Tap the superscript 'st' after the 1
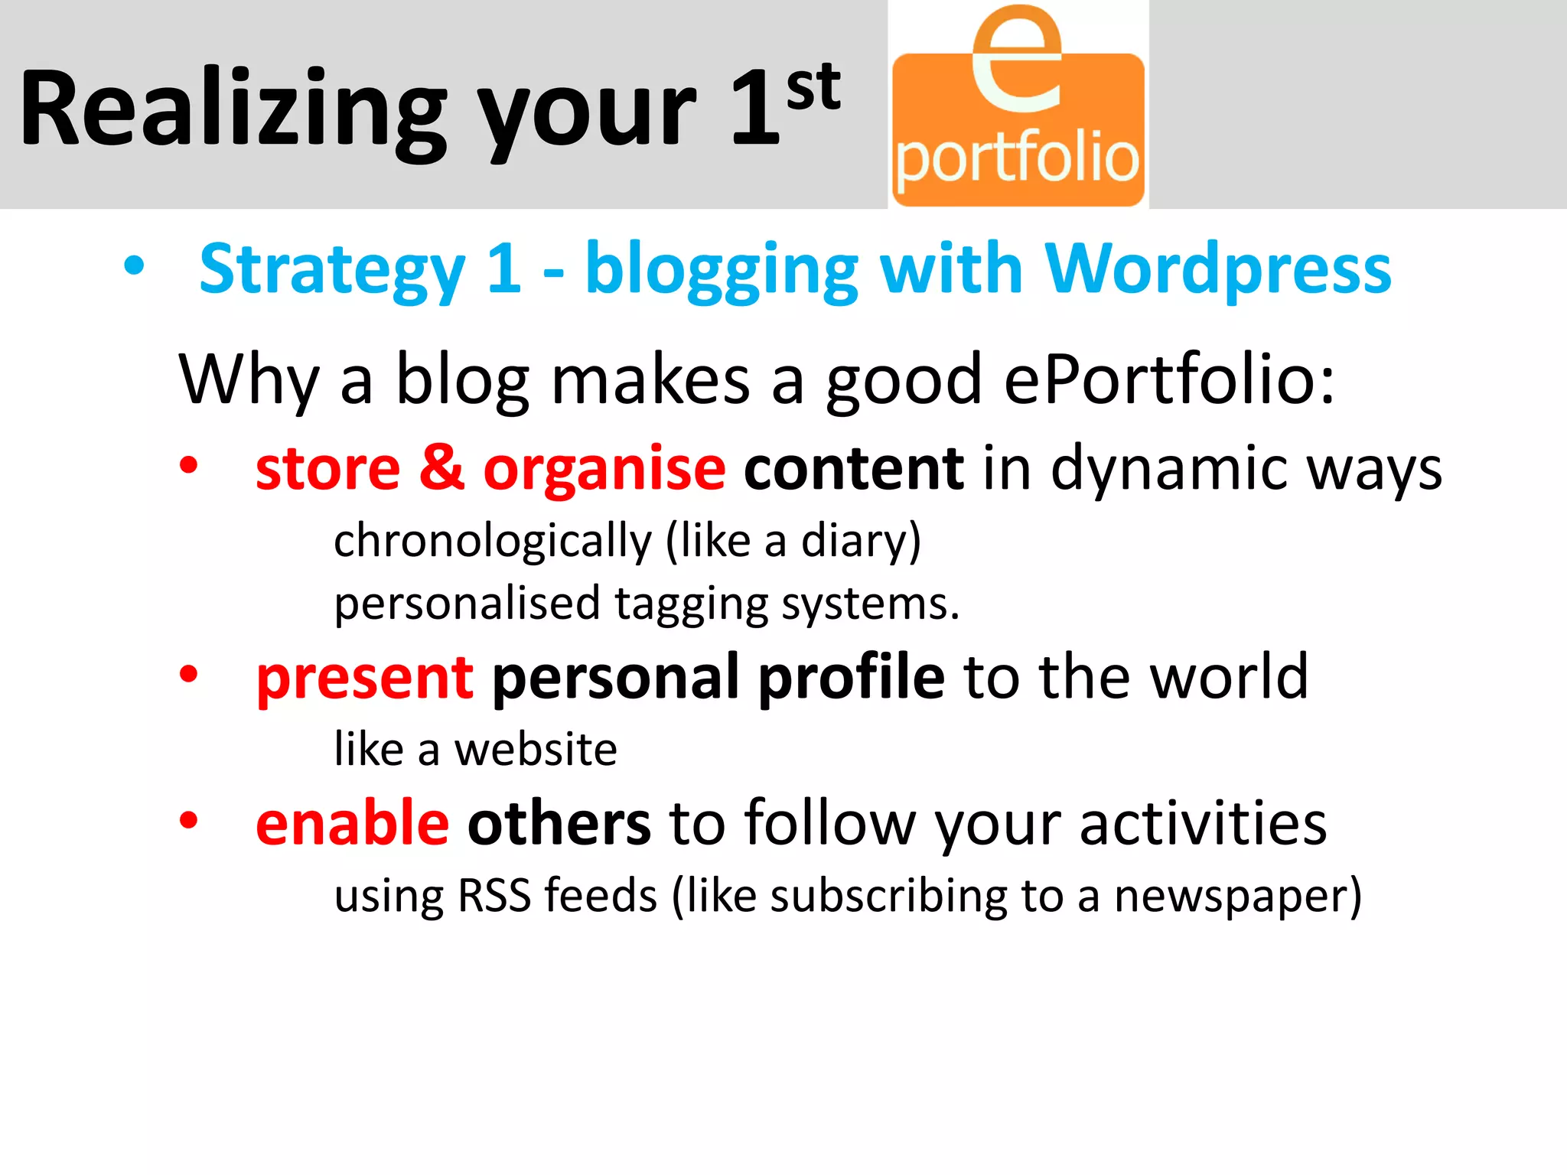813,87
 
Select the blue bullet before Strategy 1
134,267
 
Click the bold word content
853,468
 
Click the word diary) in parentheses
861,542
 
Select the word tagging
691,604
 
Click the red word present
365,678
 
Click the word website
536,749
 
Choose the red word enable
352,823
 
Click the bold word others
559,823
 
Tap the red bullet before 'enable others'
188,821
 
